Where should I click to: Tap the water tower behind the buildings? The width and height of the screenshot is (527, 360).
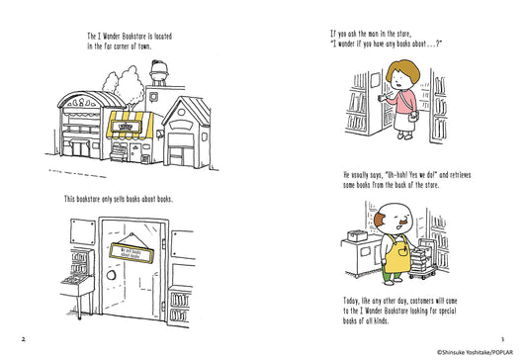[159, 71]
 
